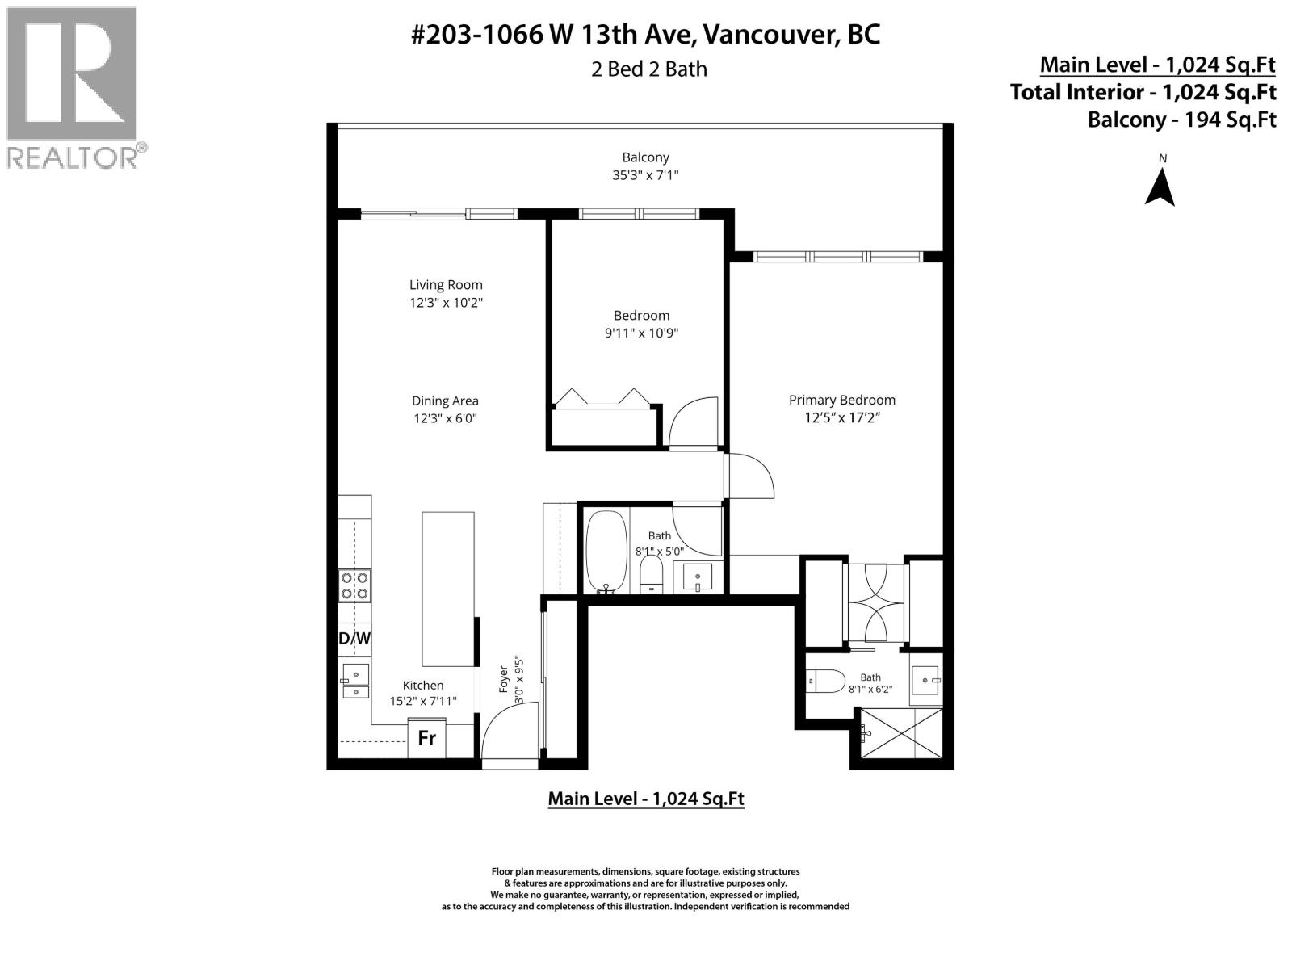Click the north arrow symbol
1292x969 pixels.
click(1160, 188)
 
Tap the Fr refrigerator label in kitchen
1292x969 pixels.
click(426, 738)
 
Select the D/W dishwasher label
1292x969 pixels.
click(354, 638)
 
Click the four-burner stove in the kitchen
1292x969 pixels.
click(354, 585)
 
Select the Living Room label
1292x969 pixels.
click(446, 284)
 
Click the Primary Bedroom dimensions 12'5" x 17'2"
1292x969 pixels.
click(841, 417)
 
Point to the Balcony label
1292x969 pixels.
click(645, 157)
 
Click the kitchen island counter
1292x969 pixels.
click(447, 589)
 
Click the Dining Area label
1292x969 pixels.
click(445, 401)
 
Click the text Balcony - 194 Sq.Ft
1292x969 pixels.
click(1181, 120)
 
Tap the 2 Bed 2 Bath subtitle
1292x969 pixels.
click(648, 69)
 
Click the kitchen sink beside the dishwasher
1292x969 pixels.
click(354, 681)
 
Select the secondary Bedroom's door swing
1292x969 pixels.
click(692, 422)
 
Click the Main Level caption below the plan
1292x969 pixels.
click(645, 799)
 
